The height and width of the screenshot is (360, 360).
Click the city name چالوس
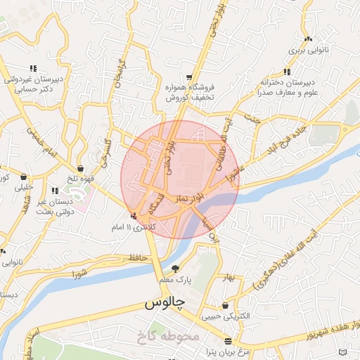point(165,304)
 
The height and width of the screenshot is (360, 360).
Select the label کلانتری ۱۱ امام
point(134,229)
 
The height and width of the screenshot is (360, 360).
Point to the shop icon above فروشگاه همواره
point(189,77)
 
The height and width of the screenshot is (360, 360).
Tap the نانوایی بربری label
point(305,51)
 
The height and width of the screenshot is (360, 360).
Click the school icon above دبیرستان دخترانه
point(286,72)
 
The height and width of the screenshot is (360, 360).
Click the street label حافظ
point(139,258)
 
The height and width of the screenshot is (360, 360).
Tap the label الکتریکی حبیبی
point(224,316)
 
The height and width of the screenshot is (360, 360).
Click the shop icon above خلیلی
point(25,177)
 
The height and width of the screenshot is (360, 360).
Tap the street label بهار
point(226,278)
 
